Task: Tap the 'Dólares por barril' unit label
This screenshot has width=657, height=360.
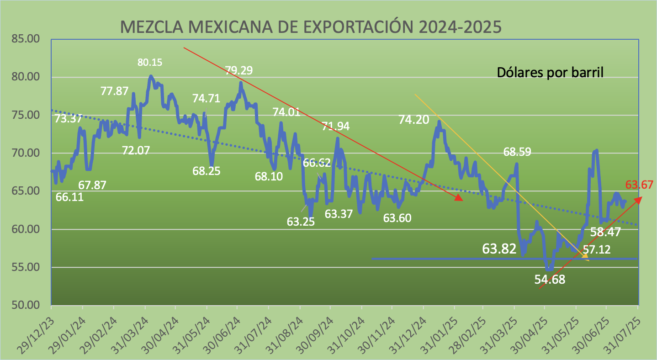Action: click(550, 72)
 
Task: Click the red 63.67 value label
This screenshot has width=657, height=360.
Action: click(639, 185)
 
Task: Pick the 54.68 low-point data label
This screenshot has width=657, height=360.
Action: click(550, 280)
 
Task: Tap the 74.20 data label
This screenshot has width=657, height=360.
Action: click(414, 120)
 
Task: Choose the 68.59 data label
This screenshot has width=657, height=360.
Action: click(517, 152)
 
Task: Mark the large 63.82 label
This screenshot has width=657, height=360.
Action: click(499, 249)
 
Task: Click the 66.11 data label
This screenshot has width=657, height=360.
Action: click(69, 197)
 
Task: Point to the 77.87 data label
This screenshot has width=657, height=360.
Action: click(114, 91)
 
